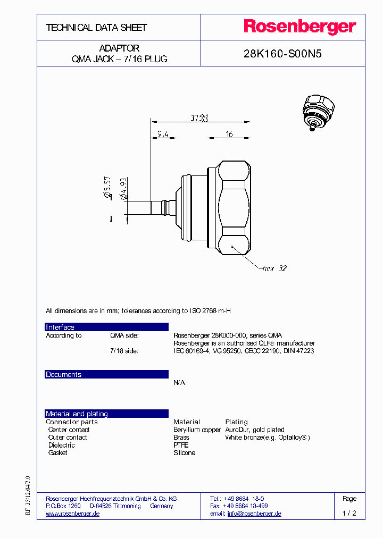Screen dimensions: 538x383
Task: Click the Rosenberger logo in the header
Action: [x=300, y=27]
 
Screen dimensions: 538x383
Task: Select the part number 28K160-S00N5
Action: [x=282, y=54]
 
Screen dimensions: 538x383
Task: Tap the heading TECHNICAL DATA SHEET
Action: [x=96, y=27]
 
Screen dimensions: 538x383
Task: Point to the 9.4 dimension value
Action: [x=162, y=134]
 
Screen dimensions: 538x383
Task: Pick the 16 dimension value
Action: [x=229, y=134]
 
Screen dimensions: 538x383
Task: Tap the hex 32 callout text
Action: [x=274, y=268]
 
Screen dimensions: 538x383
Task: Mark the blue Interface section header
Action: [x=106, y=327]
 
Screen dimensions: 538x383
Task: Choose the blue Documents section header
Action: [x=106, y=374]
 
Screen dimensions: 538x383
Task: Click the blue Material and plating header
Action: [x=106, y=414]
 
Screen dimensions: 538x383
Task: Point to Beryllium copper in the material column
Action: [x=197, y=430]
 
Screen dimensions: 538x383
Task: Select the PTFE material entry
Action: [x=181, y=445]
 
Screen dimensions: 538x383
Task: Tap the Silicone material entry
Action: [x=184, y=453]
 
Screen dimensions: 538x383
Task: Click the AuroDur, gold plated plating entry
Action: [x=255, y=430]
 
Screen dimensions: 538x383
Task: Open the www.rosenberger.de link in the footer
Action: [x=73, y=514]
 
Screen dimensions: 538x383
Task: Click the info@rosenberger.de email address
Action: [x=254, y=514]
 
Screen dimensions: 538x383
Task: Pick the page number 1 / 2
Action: [x=349, y=514]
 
